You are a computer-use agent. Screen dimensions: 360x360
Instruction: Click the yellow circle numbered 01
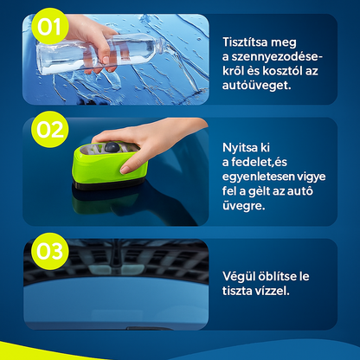tap(49, 26)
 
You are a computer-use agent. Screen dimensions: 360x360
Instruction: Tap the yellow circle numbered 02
tap(50, 130)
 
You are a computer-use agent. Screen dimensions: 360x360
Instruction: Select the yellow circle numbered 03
tap(50, 251)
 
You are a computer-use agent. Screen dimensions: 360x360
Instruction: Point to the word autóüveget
tap(257, 85)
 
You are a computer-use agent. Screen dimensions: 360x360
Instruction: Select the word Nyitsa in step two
tap(241, 148)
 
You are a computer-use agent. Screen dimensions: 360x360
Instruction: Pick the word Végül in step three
tap(239, 276)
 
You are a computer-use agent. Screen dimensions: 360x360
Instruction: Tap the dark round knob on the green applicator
tap(112, 147)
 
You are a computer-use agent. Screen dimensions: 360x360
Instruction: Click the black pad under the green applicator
tap(109, 184)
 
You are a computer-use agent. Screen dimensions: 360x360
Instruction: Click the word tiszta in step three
tap(237, 291)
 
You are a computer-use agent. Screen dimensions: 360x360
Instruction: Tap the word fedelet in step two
tap(252, 162)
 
